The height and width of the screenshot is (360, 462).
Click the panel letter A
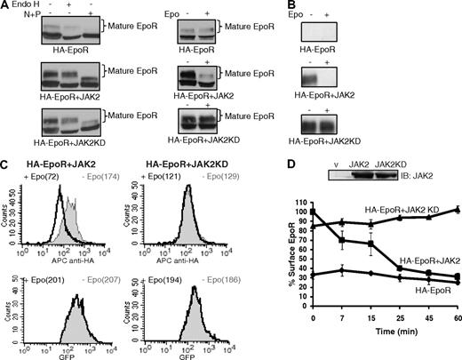click(x=6, y=6)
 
